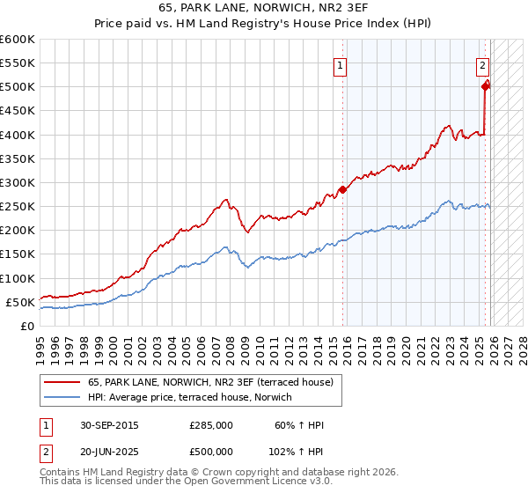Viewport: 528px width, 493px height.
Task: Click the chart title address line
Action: pos(263,9)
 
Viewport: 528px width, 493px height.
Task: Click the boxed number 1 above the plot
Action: pos(341,64)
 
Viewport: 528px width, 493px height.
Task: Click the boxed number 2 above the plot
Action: pos(483,64)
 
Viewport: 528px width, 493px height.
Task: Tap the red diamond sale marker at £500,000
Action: pos(486,85)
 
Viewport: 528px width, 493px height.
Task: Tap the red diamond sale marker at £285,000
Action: pos(342,189)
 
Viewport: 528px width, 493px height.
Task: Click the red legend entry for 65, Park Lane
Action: pos(210,382)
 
